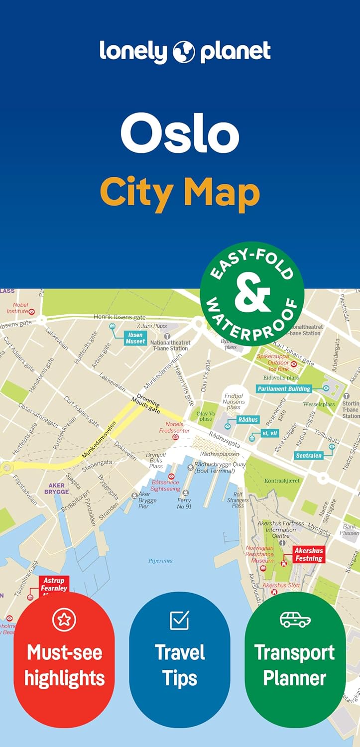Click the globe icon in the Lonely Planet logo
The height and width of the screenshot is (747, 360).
184,52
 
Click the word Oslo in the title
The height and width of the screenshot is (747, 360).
180,134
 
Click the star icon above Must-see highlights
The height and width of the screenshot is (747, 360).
64,619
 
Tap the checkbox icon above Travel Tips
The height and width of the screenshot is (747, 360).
179,620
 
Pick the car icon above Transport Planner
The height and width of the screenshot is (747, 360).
295,620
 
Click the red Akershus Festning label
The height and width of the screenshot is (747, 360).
309,554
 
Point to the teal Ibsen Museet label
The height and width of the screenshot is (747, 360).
135,338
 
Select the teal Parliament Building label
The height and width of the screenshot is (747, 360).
284,388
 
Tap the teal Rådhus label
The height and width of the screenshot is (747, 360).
247,420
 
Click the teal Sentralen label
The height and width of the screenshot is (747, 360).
309,455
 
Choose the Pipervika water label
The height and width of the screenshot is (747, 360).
160,560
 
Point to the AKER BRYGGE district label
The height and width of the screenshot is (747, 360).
56,488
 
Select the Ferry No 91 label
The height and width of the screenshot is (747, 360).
184,503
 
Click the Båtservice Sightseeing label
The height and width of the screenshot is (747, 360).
165,486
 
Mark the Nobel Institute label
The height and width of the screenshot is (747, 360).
20,308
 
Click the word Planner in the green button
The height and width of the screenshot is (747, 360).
295,678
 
